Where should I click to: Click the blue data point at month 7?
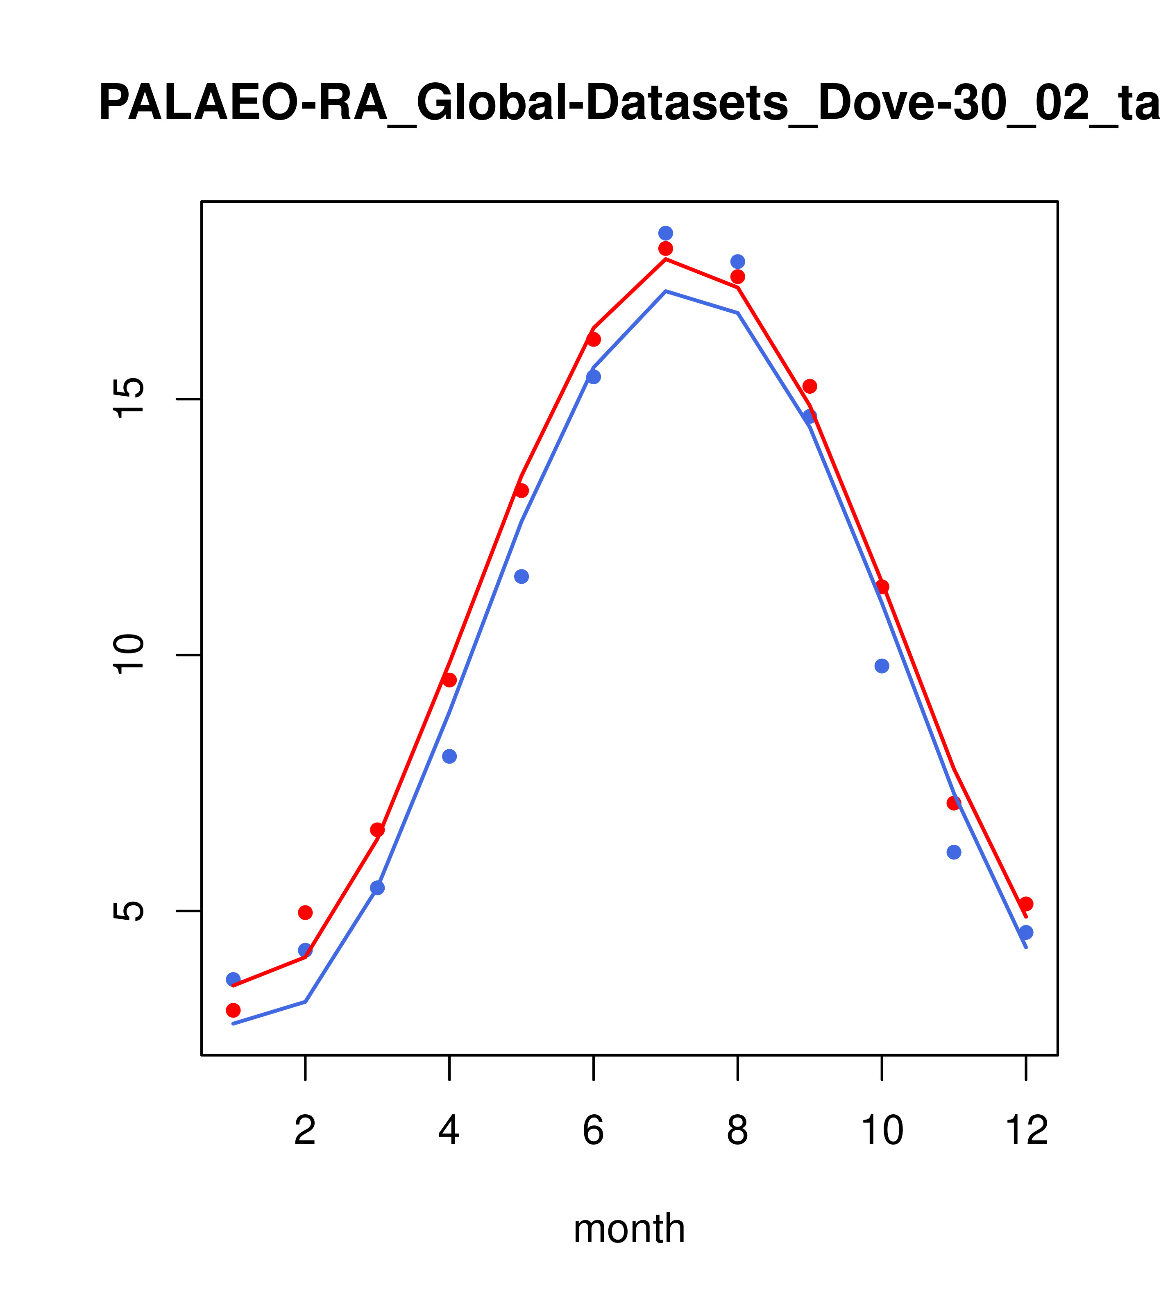665,233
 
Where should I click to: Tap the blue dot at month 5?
522,576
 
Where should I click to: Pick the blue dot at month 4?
449,757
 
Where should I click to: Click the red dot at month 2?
306,912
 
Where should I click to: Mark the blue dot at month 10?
882,666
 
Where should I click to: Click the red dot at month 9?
810,386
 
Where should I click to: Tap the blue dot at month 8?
737,262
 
